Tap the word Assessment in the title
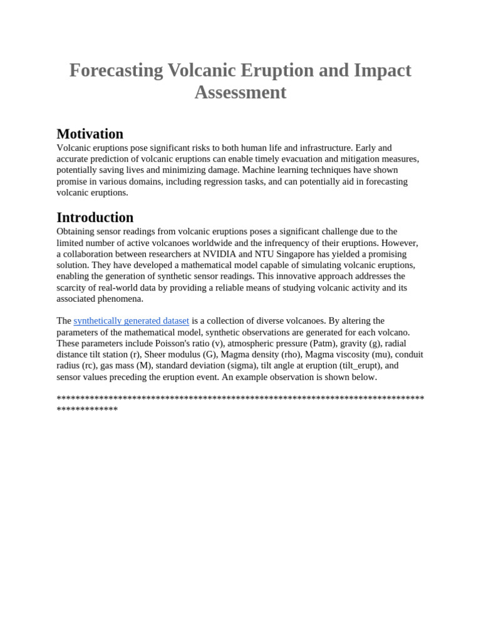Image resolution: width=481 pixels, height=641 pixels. [x=240, y=93]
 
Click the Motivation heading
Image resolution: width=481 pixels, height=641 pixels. [x=90, y=134]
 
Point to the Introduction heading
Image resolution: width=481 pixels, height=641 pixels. [x=95, y=218]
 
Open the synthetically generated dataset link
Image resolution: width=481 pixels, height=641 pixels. [x=131, y=321]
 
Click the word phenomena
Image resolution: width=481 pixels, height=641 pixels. [x=122, y=299]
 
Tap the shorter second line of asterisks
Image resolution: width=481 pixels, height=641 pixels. [x=87, y=409]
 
